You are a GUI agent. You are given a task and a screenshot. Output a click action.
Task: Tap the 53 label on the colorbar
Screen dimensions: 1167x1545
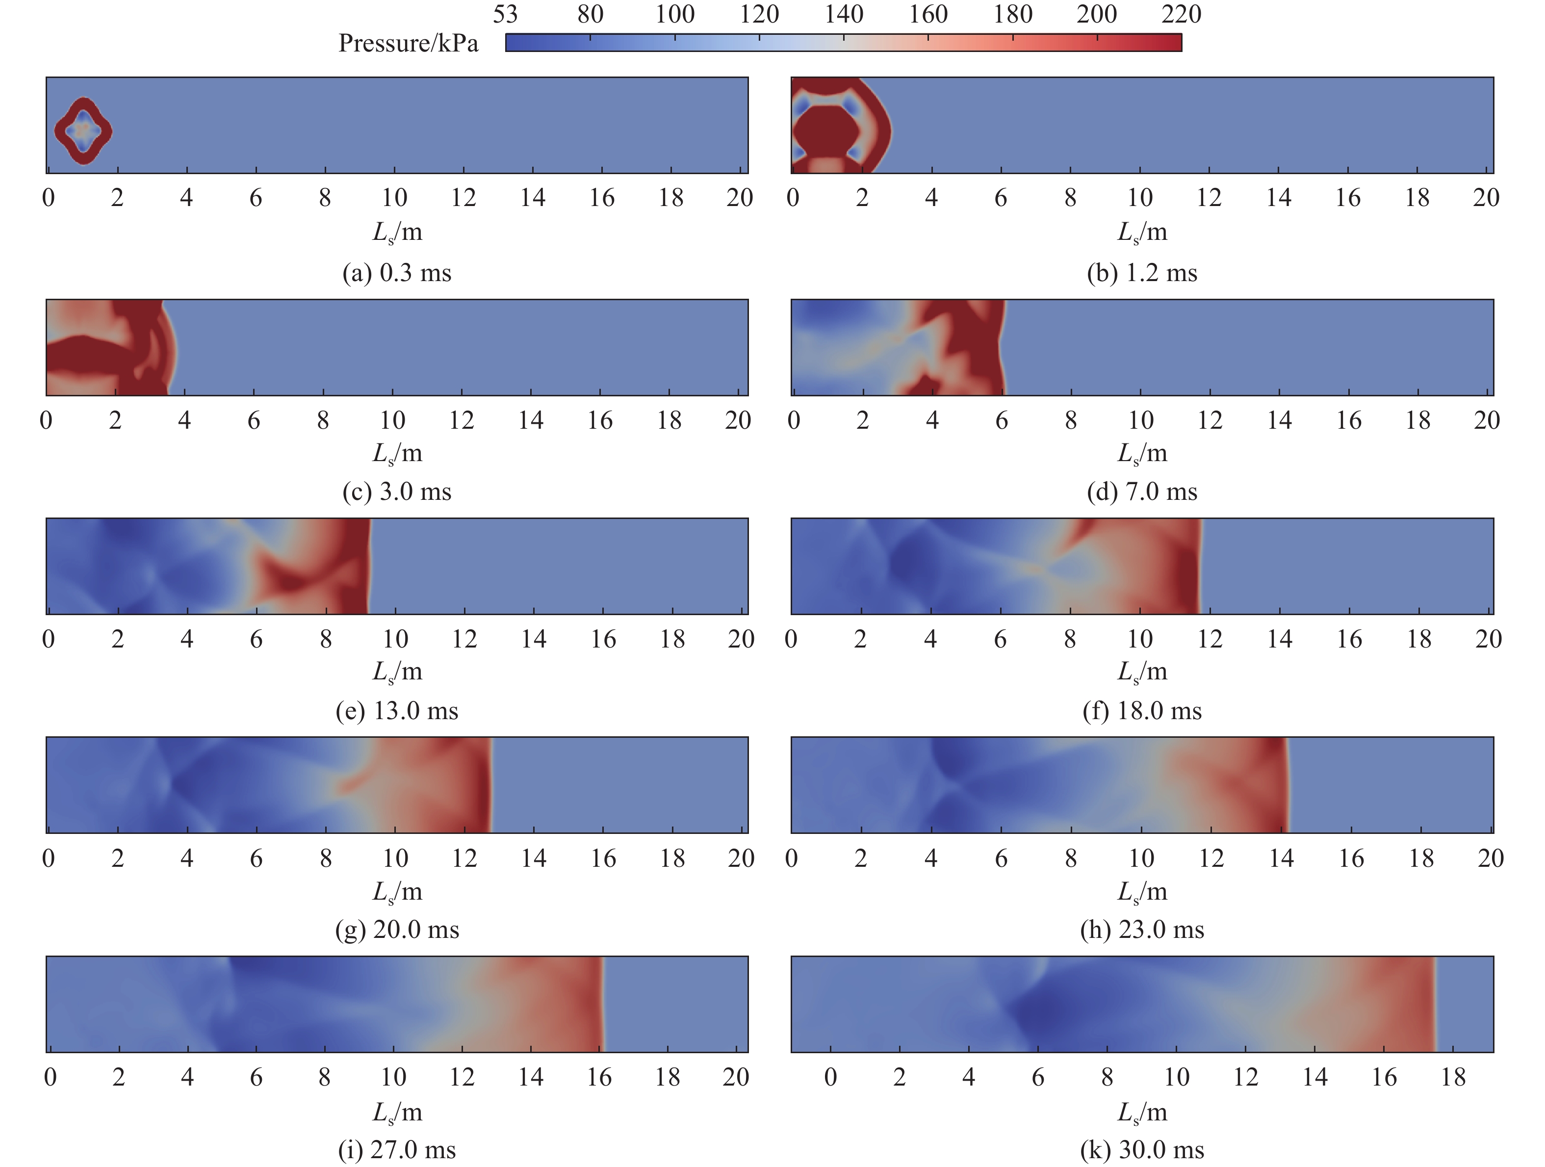[505, 15]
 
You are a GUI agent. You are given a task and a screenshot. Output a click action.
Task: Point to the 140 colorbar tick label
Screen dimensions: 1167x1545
[844, 15]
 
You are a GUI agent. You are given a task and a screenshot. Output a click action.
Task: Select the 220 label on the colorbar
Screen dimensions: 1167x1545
[1181, 15]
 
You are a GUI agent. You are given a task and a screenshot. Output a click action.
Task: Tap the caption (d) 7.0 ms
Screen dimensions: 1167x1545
[1142, 492]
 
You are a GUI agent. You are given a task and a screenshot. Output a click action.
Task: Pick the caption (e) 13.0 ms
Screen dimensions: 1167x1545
[397, 711]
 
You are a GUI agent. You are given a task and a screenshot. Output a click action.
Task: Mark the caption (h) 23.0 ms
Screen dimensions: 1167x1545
[1142, 930]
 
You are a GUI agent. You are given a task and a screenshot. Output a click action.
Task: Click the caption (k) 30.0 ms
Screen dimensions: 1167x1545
[1142, 1149]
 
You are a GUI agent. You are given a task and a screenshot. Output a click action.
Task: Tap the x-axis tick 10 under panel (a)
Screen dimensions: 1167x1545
[395, 198]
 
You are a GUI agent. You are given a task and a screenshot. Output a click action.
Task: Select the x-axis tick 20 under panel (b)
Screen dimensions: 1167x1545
[1486, 198]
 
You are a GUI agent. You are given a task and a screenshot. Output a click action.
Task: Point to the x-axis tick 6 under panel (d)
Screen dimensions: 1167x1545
[1002, 420]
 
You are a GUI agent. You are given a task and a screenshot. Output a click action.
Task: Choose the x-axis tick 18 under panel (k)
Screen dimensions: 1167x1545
[1453, 1077]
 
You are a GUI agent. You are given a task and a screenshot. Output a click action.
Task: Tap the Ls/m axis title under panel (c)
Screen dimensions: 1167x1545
[397, 454]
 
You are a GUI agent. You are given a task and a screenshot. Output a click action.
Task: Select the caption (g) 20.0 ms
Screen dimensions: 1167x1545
[397, 930]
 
